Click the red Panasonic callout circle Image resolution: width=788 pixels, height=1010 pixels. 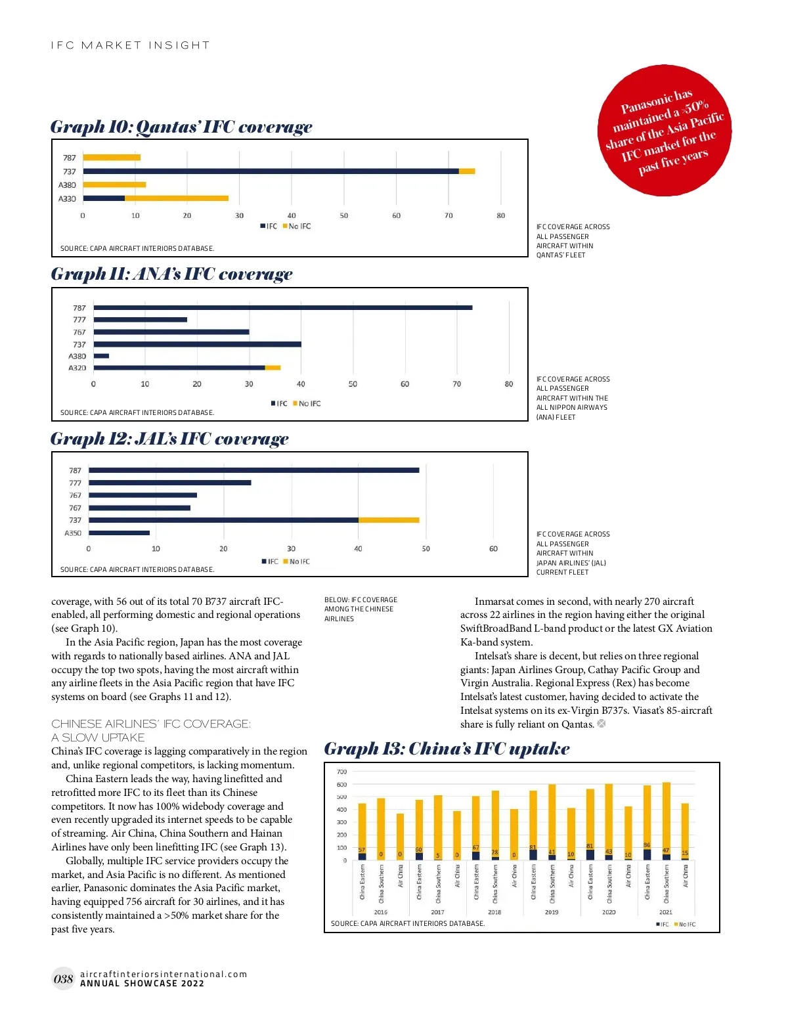click(x=664, y=130)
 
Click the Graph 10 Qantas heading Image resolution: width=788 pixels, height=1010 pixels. click(x=181, y=127)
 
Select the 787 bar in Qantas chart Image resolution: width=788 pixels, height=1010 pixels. click(x=112, y=158)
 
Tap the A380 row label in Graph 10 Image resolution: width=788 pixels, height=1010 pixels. click(x=67, y=185)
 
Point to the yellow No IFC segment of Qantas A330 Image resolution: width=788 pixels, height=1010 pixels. click(x=177, y=198)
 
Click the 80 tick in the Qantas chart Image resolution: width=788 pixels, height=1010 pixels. click(x=501, y=215)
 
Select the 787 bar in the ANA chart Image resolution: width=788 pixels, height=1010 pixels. click(x=282, y=307)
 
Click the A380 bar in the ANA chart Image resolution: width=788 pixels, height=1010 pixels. click(x=101, y=356)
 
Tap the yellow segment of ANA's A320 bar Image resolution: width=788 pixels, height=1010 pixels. click(x=273, y=368)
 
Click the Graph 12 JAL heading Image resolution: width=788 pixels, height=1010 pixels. click(x=169, y=439)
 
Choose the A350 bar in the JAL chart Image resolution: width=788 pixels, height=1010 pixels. click(x=119, y=533)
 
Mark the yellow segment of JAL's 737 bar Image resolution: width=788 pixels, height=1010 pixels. click(x=389, y=520)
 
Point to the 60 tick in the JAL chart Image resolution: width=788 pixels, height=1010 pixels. click(x=493, y=549)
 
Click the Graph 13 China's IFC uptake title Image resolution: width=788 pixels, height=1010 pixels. click(x=447, y=749)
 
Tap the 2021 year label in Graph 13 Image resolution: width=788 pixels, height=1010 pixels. click(x=665, y=912)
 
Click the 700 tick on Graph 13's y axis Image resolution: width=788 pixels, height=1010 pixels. click(x=341, y=772)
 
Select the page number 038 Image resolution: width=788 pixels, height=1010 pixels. click(x=63, y=979)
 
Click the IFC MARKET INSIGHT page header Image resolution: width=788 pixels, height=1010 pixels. click(x=130, y=45)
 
